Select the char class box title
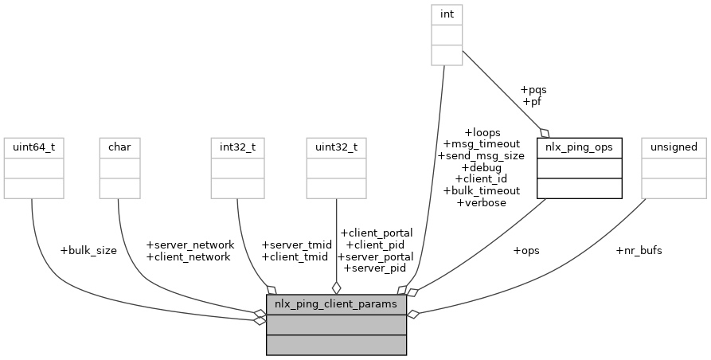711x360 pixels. click(119, 147)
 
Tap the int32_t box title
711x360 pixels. click(238, 147)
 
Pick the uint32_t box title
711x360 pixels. click(336, 147)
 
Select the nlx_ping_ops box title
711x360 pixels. click(580, 147)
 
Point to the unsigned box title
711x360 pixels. click(674, 147)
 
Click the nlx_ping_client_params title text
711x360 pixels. click(336, 304)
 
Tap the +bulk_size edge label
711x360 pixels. click(88, 250)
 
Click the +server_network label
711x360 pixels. click(190, 245)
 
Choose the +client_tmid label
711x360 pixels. click(295, 256)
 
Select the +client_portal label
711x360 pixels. click(376, 233)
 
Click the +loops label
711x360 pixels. click(481, 131)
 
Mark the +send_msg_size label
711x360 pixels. click(481, 155)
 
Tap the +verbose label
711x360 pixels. click(481, 202)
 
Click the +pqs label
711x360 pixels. click(533, 90)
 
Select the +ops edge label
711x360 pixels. click(525, 250)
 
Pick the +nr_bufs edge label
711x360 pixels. click(639, 250)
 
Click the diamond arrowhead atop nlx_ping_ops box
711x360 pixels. click(545, 131)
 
